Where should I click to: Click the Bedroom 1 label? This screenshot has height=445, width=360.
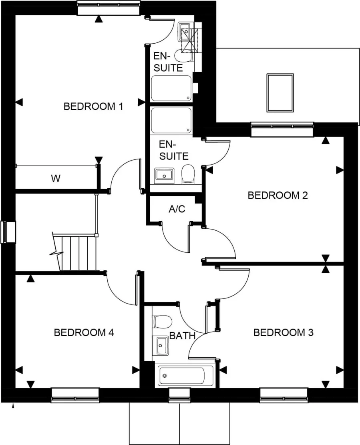(93, 107)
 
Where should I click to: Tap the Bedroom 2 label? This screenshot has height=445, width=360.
(278, 195)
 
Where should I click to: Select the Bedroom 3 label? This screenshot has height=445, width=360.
(283, 332)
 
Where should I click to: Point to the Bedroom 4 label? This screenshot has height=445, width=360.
(84, 332)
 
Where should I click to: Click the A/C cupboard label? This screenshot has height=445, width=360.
(177, 209)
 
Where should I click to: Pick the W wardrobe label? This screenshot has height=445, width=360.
(56, 179)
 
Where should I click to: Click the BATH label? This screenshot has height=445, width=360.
(182, 336)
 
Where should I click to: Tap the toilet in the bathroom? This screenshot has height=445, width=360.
(162, 321)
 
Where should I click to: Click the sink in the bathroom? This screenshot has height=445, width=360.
(162, 345)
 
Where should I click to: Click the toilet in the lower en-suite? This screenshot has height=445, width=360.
(188, 174)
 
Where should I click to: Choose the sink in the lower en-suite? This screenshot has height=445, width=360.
(163, 175)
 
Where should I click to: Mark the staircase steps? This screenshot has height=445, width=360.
(78, 252)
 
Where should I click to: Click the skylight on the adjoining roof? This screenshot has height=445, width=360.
(280, 93)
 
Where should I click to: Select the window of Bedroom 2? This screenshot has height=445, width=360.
(282, 129)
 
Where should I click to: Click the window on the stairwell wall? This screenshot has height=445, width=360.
(8, 232)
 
